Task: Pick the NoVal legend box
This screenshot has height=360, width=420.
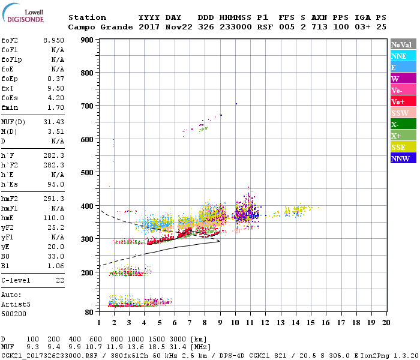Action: tap(403, 44)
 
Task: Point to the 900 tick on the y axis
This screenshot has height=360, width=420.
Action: tap(86, 40)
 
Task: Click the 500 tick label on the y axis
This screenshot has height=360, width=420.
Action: tap(86, 172)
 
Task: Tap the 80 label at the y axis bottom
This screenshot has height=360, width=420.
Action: tap(88, 312)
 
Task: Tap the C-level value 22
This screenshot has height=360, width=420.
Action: tap(60, 280)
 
